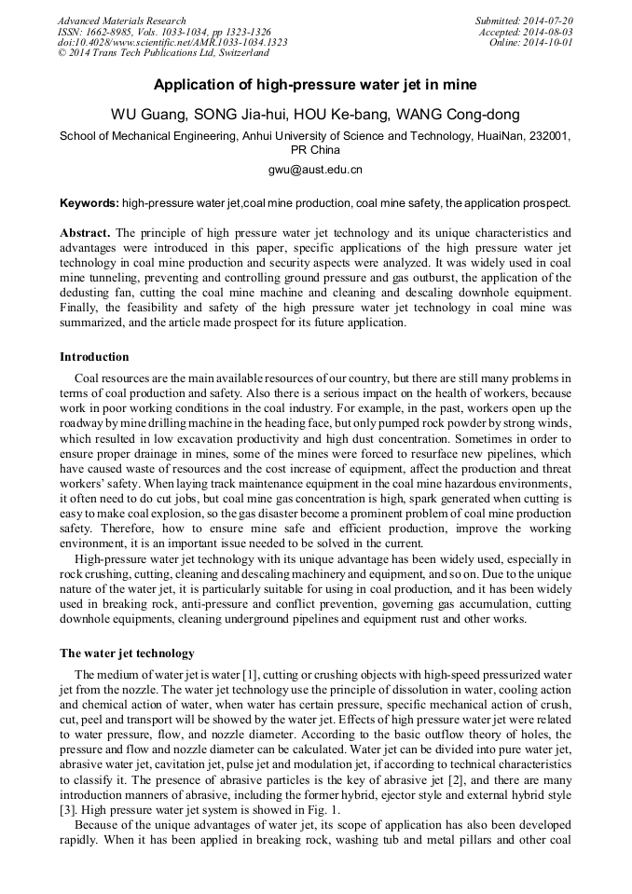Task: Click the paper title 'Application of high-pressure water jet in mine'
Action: click(315, 85)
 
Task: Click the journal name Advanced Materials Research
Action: click(122, 21)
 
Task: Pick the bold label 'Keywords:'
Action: click(89, 202)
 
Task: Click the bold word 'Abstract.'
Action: click(85, 232)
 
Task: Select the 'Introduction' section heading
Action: click(94, 357)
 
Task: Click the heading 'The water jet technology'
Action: click(127, 653)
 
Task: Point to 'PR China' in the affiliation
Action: click(315, 149)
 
